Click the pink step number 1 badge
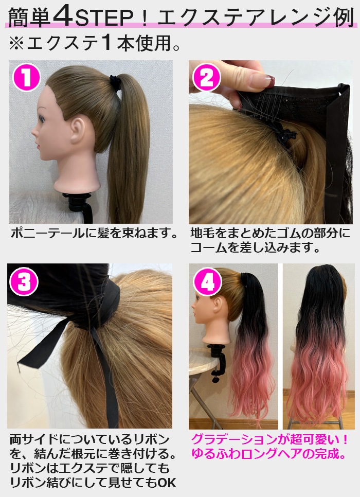[x=26, y=78]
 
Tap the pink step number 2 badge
[x=206, y=78]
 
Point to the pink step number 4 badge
[x=207, y=282]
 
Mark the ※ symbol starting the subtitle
[x=16, y=43]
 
